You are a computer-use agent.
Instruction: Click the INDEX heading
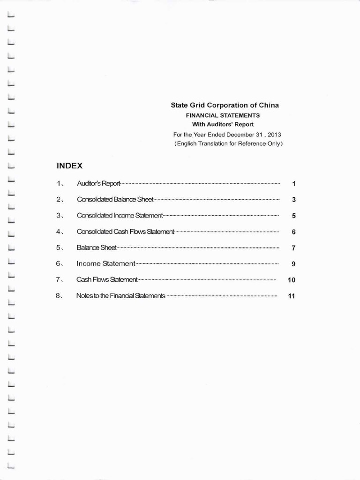click(69, 166)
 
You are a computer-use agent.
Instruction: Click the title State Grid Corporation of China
click(225, 105)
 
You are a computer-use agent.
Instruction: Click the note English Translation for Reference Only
click(228, 143)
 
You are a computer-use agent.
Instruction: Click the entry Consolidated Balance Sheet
click(115, 200)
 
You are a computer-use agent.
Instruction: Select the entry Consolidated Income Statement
click(120, 216)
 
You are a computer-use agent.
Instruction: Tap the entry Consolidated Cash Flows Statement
click(125, 232)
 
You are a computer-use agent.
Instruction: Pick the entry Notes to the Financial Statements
click(121, 296)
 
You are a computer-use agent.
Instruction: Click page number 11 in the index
click(292, 296)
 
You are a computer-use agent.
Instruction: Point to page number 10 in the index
click(292, 280)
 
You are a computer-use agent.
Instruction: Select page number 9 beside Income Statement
click(293, 264)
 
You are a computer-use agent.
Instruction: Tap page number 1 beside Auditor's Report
click(293, 184)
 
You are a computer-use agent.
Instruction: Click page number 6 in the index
click(293, 232)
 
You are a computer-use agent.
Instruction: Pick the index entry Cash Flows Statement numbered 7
click(107, 280)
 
